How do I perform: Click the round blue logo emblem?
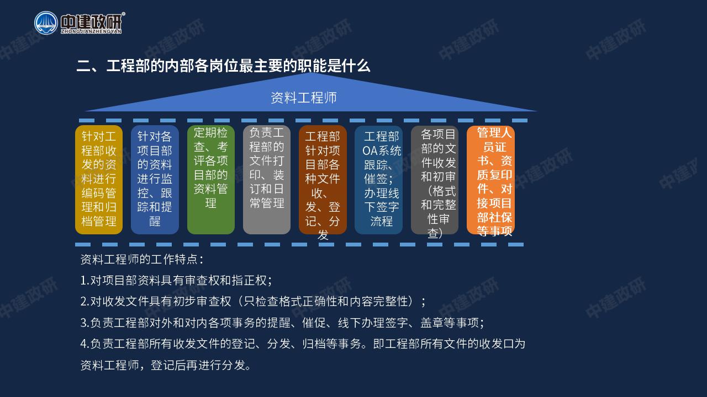click(x=46, y=23)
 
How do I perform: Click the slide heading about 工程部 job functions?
click(x=223, y=66)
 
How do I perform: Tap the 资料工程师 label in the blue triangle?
click(x=304, y=98)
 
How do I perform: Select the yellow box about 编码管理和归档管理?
click(x=99, y=180)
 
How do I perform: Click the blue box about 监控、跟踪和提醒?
click(x=155, y=180)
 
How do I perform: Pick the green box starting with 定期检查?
click(x=211, y=180)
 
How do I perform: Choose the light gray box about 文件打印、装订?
click(x=267, y=180)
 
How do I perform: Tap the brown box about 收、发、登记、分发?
click(x=323, y=180)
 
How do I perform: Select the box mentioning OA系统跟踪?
click(x=378, y=180)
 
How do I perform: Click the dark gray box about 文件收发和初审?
click(x=435, y=180)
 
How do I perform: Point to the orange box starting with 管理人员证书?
click(x=491, y=180)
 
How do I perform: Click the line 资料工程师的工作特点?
click(x=142, y=259)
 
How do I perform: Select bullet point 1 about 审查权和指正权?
click(x=176, y=280)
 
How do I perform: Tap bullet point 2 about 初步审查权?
click(x=253, y=301)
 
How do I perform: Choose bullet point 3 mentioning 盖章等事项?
click(x=282, y=323)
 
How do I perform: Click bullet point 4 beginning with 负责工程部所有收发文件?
click(x=303, y=344)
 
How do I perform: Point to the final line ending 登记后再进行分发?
click(x=166, y=365)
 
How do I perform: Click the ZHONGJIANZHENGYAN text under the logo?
click(x=91, y=31)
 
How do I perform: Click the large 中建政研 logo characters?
click(x=91, y=22)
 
